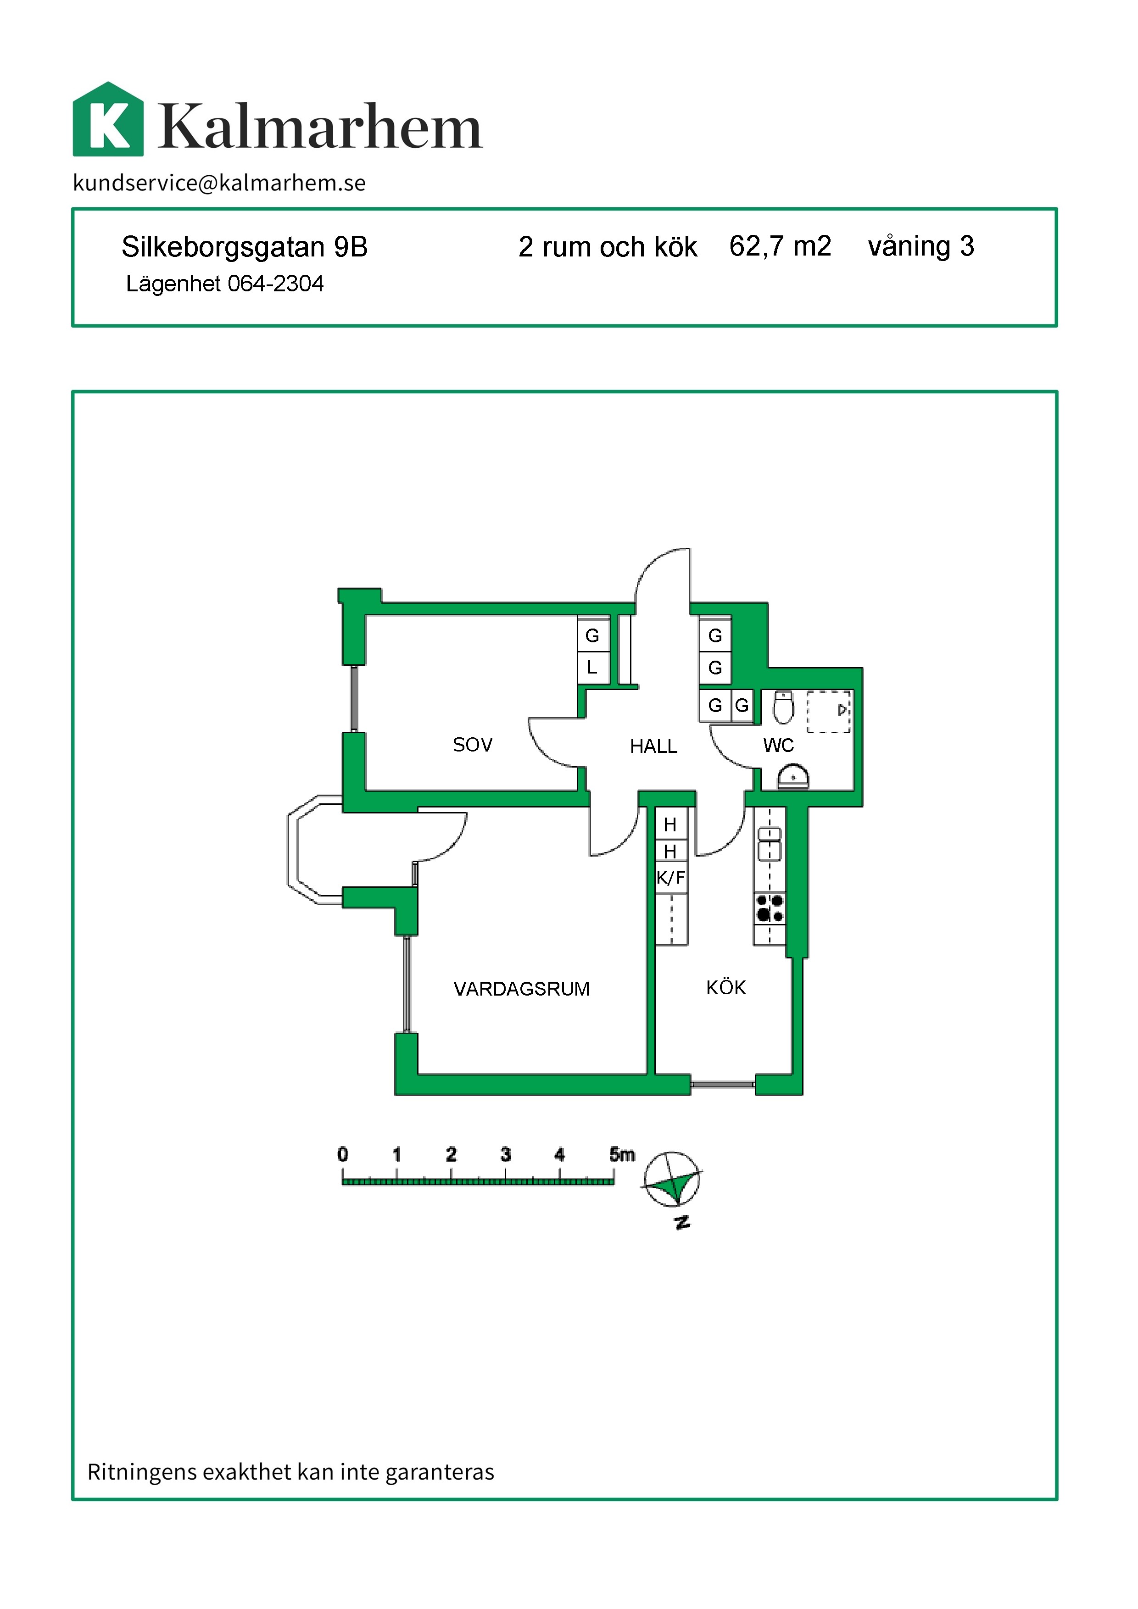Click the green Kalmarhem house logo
(x=109, y=119)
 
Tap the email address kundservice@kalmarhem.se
(x=219, y=183)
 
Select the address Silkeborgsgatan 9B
(x=245, y=247)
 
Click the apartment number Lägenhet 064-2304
(x=224, y=284)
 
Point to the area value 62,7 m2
(x=780, y=247)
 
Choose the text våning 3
(x=921, y=247)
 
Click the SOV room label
(x=472, y=745)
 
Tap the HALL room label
(x=653, y=746)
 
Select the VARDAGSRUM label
(x=521, y=989)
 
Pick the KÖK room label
(x=726, y=987)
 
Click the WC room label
(x=779, y=745)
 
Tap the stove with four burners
(x=770, y=908)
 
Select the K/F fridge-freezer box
(x=670, y=877)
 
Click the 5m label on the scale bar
(x=622, y=1154)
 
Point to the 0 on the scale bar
(x=343, y=1154)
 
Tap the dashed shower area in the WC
(x=828, y=712)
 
